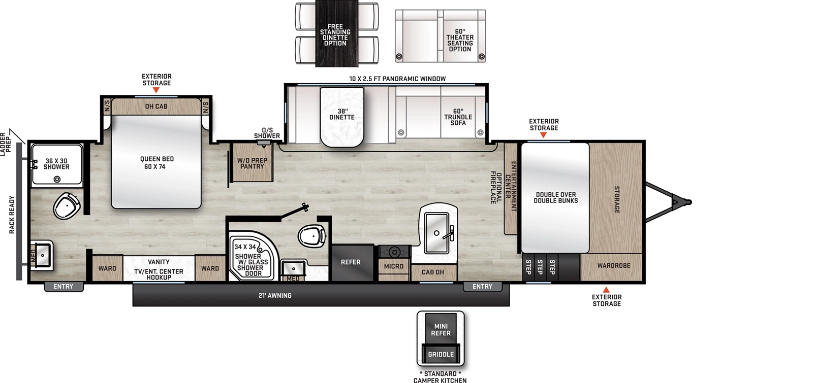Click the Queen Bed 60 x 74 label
(157, 163)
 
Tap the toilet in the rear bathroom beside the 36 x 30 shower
(67, 205)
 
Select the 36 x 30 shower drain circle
(57, 179)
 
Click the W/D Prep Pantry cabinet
(252, 163)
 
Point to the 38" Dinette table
(342, 116)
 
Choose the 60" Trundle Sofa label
(458, 117)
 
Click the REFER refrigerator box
(351, 262)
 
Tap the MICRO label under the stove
(394, 266)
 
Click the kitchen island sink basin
(436, 233)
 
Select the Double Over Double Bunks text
(555, 198)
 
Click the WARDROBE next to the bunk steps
(613, 266)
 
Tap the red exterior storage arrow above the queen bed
(156, 90)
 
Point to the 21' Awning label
(275, 296)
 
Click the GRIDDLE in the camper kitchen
(441, 354)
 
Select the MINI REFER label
(441, 330)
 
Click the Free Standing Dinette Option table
(335, 34)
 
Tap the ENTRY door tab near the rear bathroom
(64, 287)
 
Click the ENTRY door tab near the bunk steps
(482, 287)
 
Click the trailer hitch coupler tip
(689, 202)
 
